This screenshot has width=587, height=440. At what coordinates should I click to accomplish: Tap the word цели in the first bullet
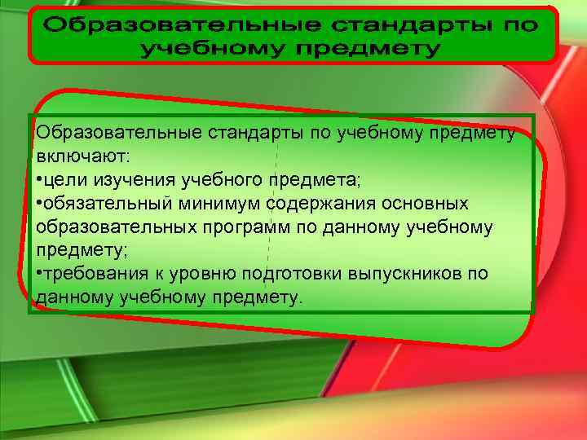pyautogui.click(x=63, y=178)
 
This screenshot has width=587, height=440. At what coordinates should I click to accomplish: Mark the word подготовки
pyautogui.click(x=276, y=274)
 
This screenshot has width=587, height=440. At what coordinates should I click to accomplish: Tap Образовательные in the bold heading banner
pyautogui.click(x=162, y=24)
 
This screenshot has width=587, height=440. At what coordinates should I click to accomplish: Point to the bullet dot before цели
pyautogui.click(x=39, y=178)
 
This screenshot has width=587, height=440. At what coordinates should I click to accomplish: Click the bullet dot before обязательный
pyautogui.click(x=39, y=202)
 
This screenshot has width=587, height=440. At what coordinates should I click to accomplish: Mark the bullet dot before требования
pyautogui.click(x=39, y=274)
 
